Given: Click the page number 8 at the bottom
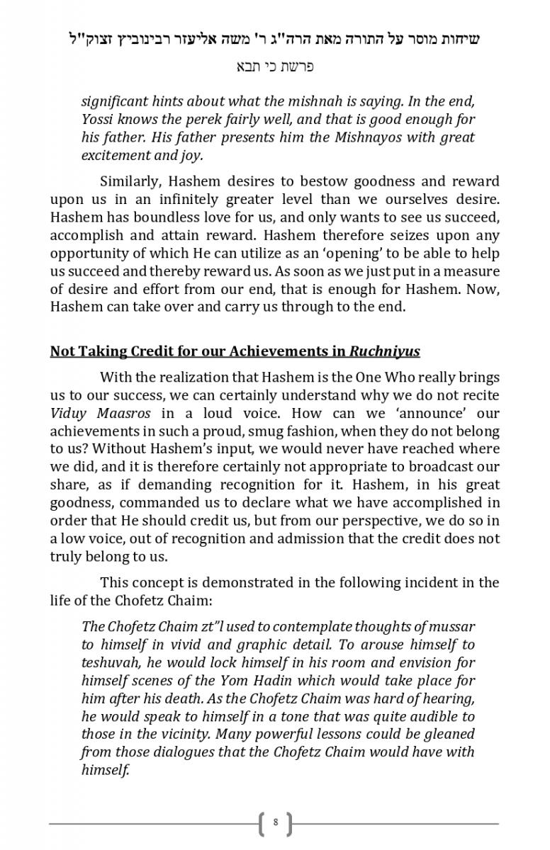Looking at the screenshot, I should coord(275,823).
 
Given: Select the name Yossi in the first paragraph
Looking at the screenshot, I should coord(99,119).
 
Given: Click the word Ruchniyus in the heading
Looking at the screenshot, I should coord(386,351).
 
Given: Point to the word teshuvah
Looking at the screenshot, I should coord(110,662).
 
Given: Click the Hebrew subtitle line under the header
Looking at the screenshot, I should coord(275,67).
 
